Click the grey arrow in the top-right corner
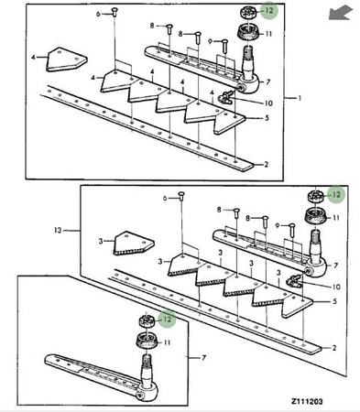click(x=340, y=13)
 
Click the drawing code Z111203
click(x=307, y=401)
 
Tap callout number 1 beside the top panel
click(x=300, y=98)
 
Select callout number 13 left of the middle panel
click(x=58, y=231)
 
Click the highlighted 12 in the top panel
click(x=269, y=10)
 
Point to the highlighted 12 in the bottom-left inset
click(x=168, y=320)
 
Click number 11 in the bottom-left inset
click(x=167, y=342)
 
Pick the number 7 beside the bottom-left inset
click(x=204, y=358)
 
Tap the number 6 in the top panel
click(x=98, y=14)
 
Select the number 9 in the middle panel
click(x=278, y=226)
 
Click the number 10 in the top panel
click(x=268, y=103)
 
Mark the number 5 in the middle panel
click(x=334, y=301)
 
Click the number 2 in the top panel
click(x=266, y=165)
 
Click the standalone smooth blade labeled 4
click(x=67, y=60)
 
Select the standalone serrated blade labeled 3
click(x=134, y=244)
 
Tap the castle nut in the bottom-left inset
click(x=147, y=321)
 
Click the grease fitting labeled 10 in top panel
click(x=225, y=98)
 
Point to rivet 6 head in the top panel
click(x=115, y=11)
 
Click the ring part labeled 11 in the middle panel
click(x=316, y=216)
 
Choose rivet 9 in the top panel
click(x=224, y=46)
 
